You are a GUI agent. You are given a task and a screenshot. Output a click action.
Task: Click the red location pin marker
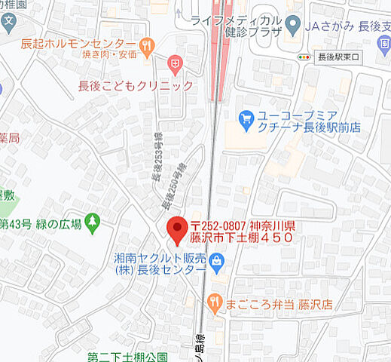coord(177,229)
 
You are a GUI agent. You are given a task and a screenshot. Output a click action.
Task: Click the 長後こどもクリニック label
coord(136,86)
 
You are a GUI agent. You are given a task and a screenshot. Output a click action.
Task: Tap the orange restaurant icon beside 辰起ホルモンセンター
coord(147,44)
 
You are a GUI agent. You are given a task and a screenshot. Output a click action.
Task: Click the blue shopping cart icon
coord(245,118)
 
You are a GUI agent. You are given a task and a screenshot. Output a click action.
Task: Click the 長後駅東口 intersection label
coord(340,57)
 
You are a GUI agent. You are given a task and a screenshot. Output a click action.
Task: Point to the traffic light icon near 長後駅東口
coord(304,57)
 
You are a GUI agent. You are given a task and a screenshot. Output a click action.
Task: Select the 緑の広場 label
coord(60,223)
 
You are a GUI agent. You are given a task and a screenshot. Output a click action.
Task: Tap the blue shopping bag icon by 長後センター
coord(217,262)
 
